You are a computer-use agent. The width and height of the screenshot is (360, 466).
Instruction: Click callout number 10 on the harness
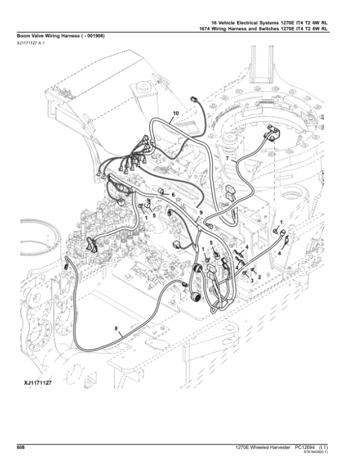click(176, 112)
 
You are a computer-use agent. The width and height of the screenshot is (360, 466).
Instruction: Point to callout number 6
click(173, 195)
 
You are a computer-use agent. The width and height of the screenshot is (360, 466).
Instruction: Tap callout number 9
click(202, 213)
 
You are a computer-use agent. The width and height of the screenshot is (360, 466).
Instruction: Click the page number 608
click(20, 447)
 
